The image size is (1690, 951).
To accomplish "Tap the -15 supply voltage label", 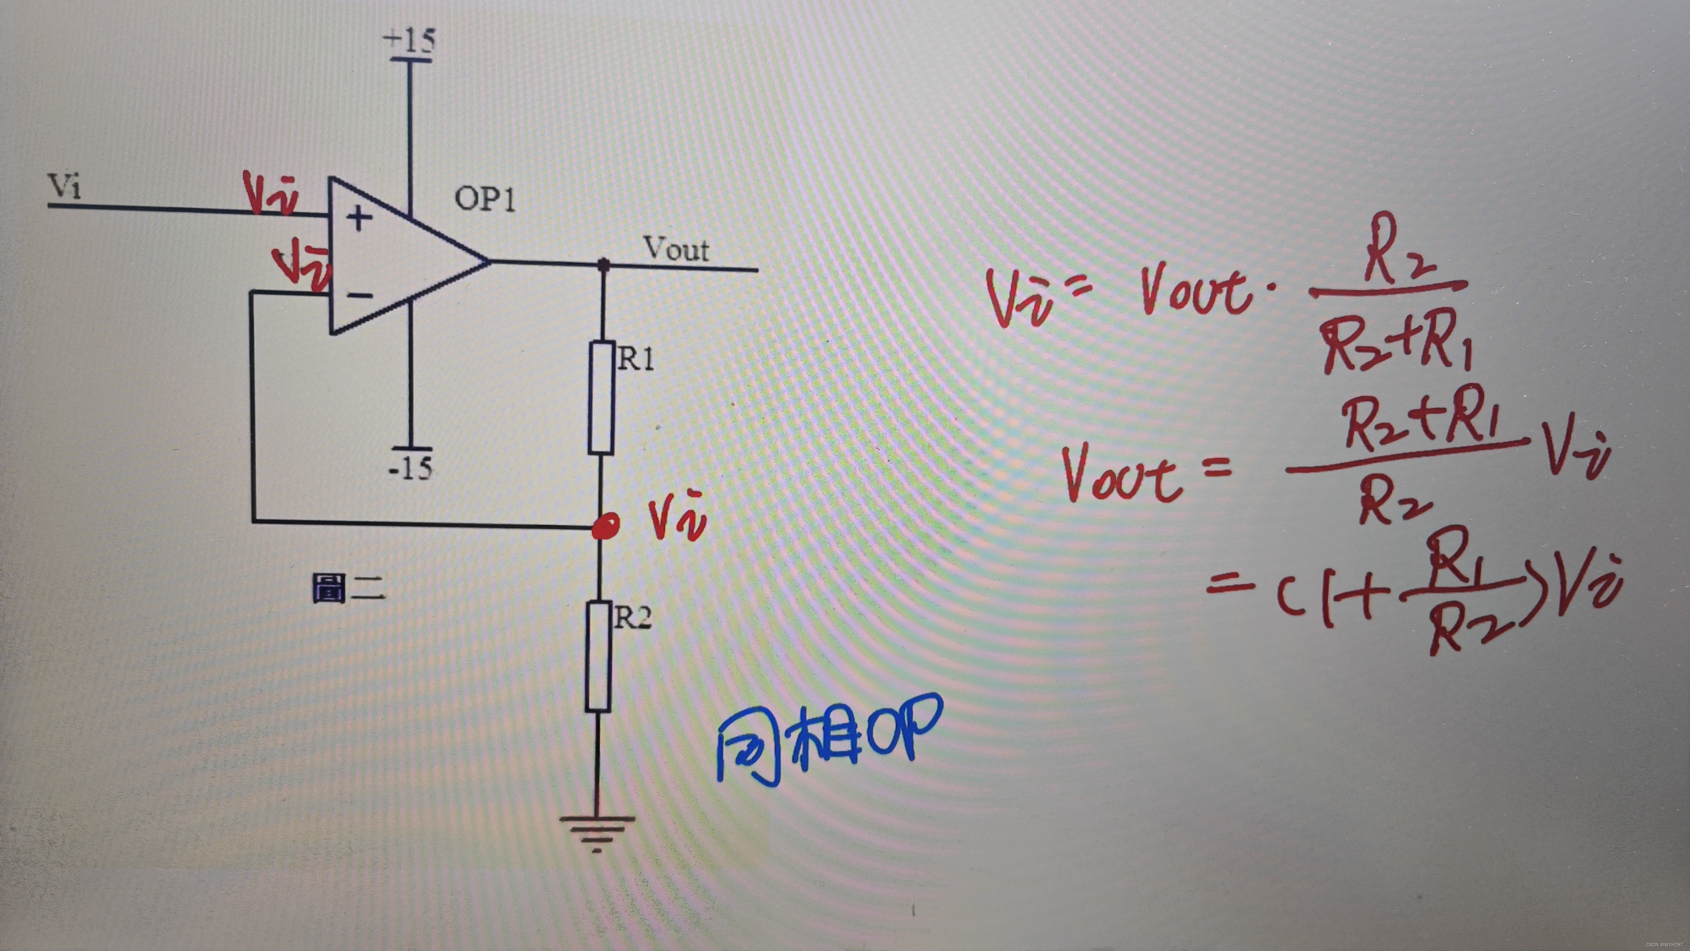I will [x=411, y=468].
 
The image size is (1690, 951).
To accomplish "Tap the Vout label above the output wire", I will [x=676, y=249].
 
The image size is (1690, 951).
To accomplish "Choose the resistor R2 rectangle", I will [x=598, y=656].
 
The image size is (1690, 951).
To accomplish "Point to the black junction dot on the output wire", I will [x=603, y=265].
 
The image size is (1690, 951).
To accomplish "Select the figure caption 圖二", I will [x=348, y=588].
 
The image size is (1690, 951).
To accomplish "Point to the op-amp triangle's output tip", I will [x=489, y=262].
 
